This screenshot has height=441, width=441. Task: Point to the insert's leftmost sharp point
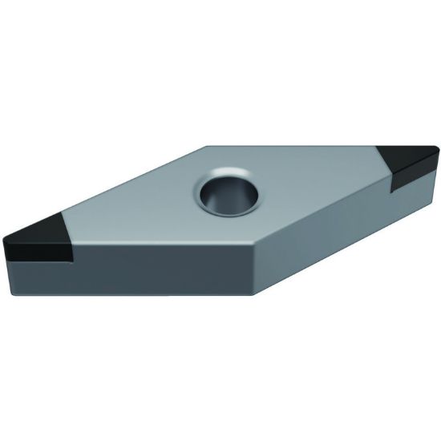[4, 241]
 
